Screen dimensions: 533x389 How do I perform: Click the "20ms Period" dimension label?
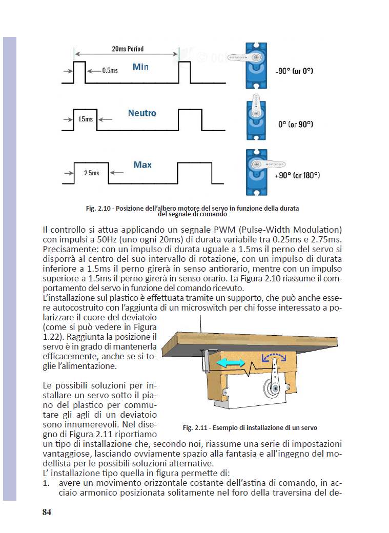pos(128,49)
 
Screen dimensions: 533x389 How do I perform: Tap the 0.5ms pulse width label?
pos(110,70)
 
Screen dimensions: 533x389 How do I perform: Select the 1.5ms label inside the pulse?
pos(86,119)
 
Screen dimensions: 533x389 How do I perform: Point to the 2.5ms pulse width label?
pos(91,173)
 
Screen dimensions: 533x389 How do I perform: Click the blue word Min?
pos(140,67)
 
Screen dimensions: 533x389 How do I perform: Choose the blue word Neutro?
pos(142,113)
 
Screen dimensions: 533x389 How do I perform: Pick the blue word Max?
pos(142,165)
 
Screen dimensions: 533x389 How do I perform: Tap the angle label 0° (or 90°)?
pos(295,125)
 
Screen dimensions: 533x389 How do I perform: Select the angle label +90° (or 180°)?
pos(297,175)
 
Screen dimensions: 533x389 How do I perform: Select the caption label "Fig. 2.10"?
pos(99,209)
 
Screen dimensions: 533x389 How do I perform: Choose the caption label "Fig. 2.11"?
pos(196,427)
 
